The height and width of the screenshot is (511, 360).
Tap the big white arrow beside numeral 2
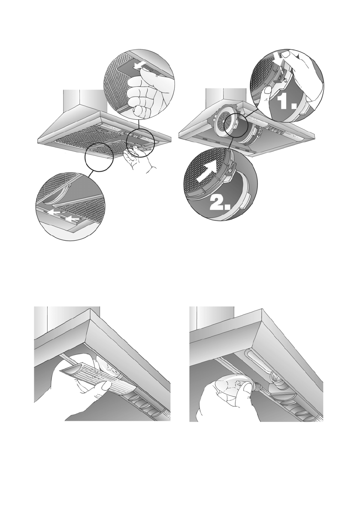[x=207, y=171]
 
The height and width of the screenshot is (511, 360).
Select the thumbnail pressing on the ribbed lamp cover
[x=104, y=386]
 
